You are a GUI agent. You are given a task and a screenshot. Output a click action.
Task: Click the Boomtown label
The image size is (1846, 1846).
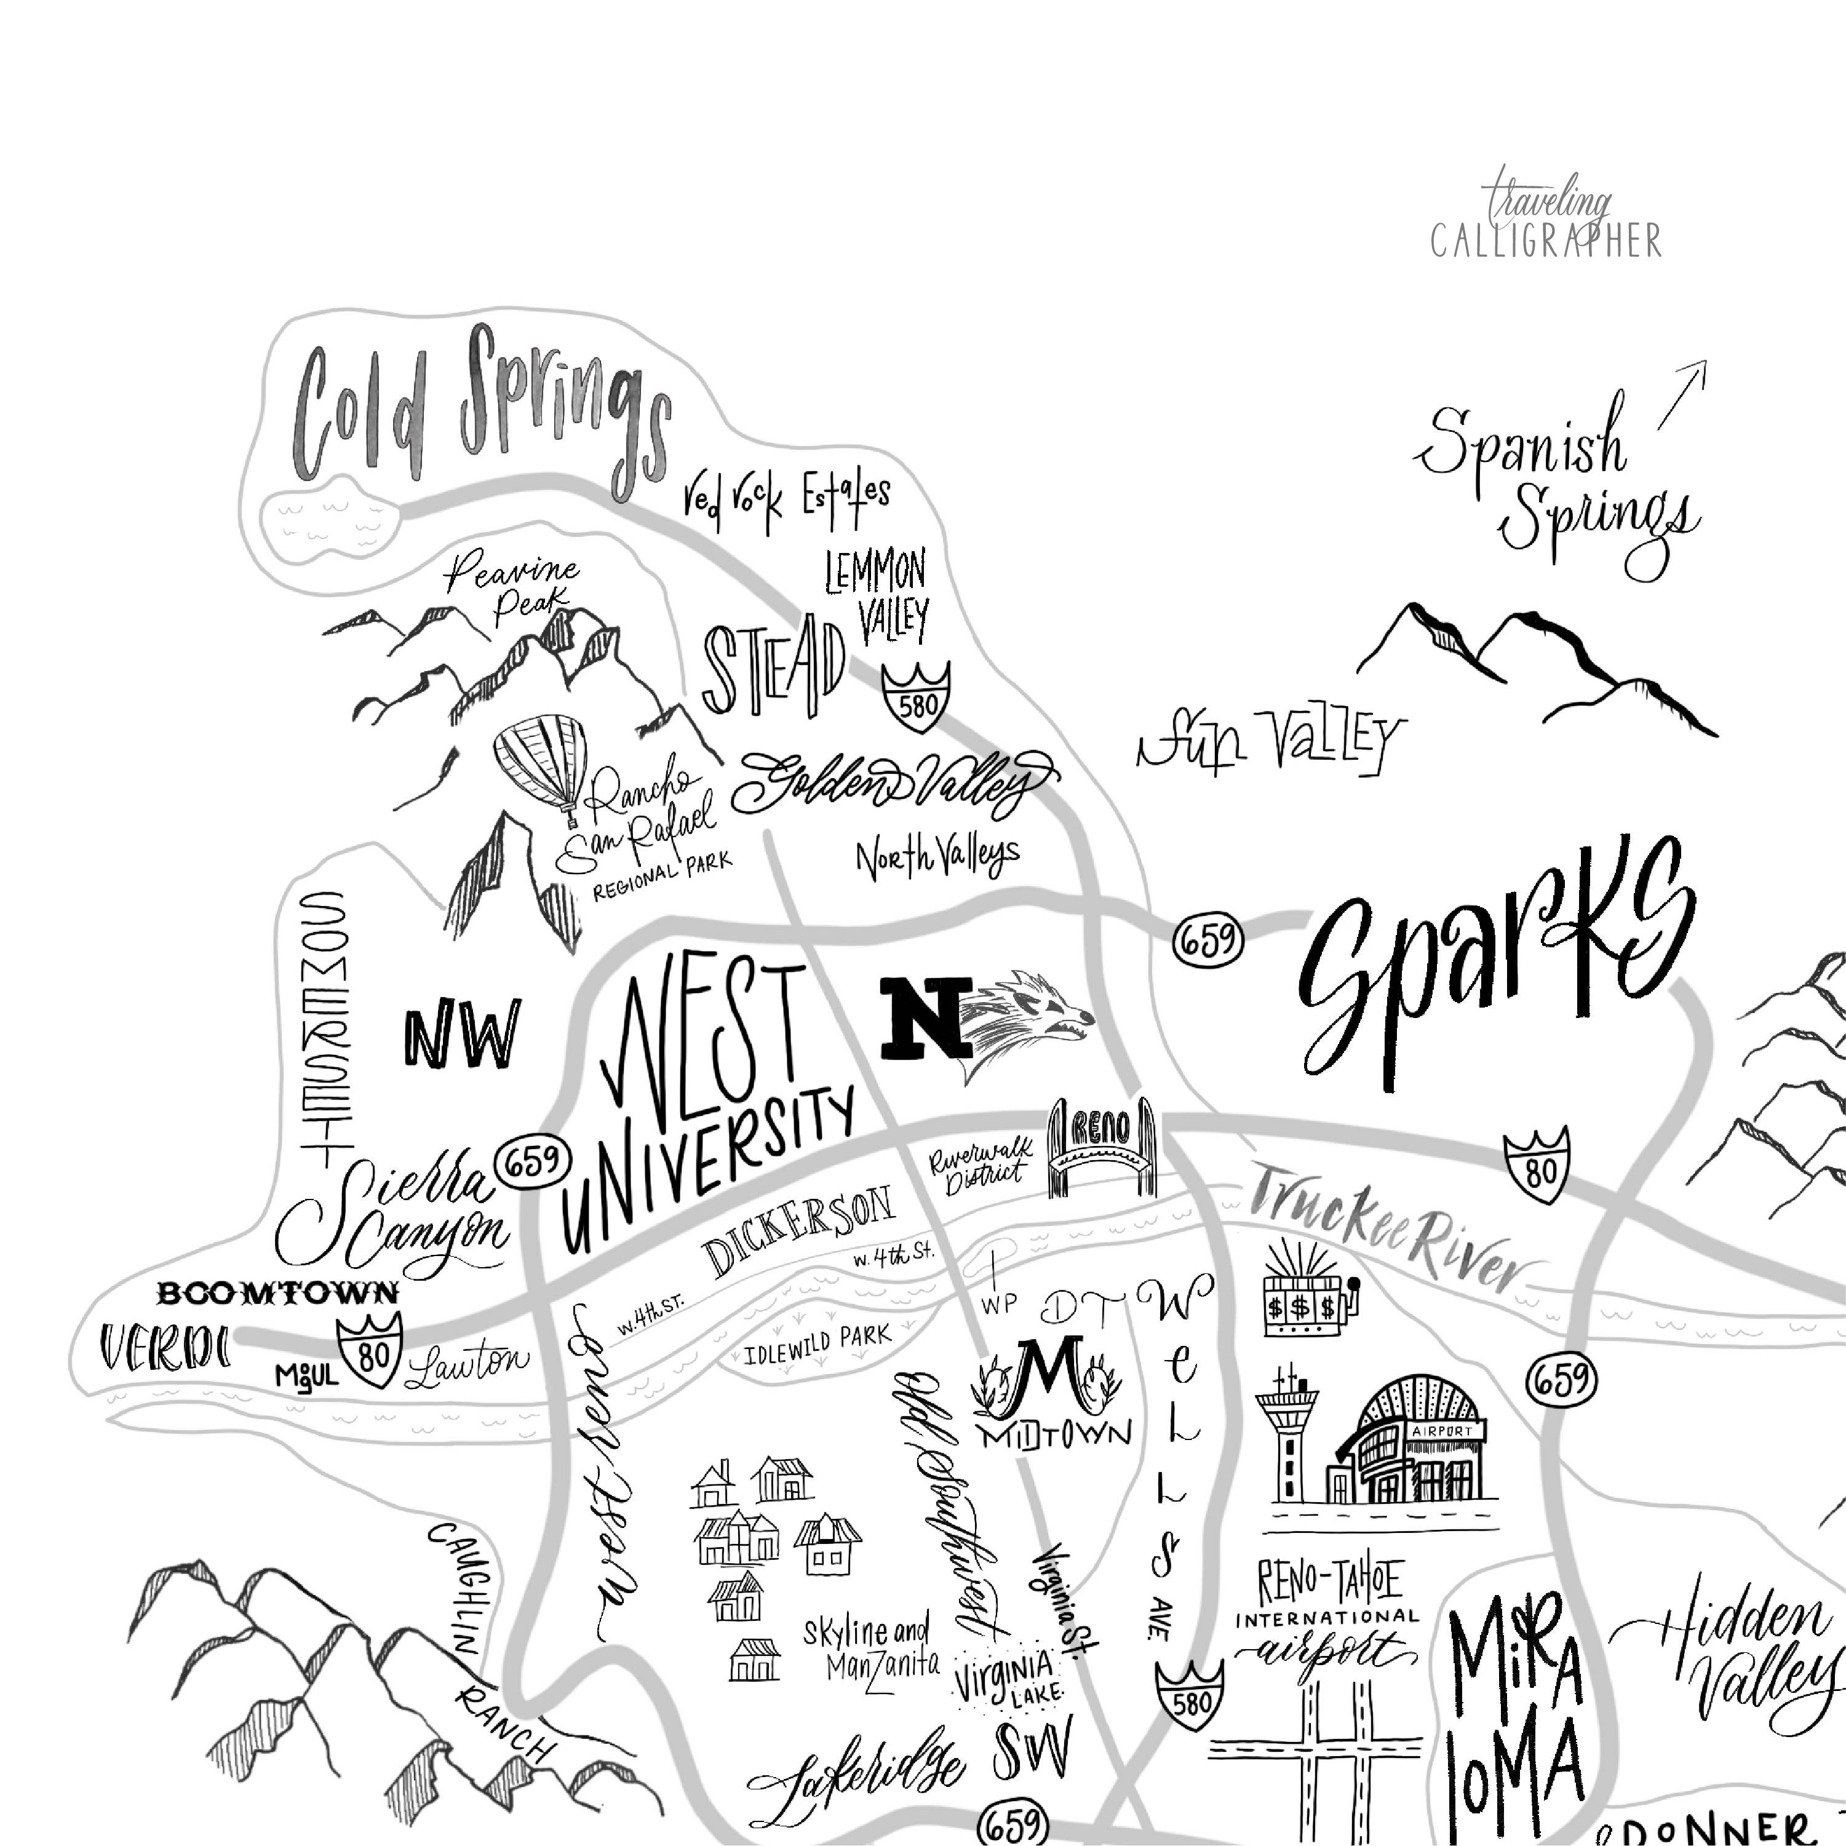click(x=277, y=1294)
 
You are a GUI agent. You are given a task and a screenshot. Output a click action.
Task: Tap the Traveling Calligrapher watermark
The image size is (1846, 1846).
click(x=1545, y=225)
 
